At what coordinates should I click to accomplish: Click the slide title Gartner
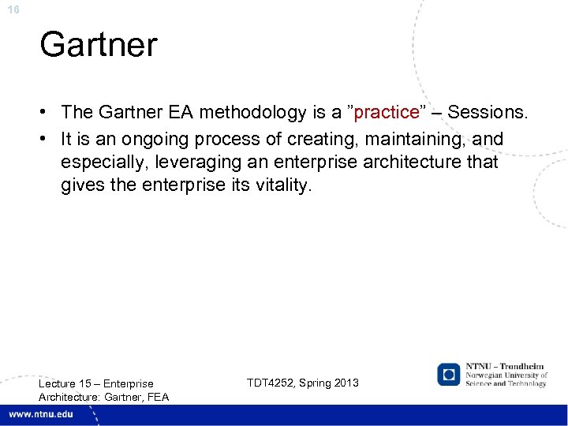(x=99, y=44)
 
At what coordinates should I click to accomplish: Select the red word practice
(x=387, y=112)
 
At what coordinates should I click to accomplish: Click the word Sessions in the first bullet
(x=487, y=112)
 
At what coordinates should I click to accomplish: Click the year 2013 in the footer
(x=346, y=383)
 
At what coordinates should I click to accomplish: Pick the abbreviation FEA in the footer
(x=157, y=396)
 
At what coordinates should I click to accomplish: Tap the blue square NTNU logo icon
(x=449, y=374)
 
